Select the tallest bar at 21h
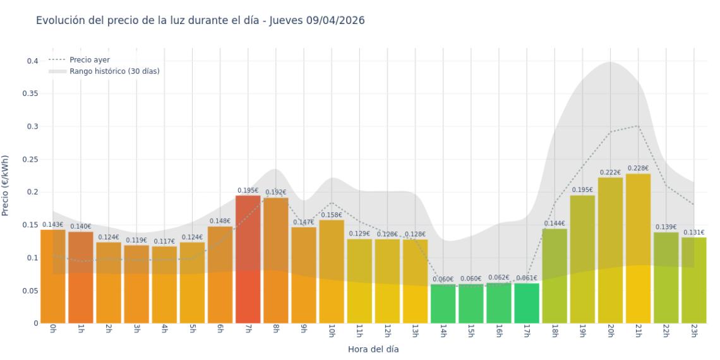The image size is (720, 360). pos(638,248)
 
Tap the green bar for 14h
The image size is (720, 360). pos(443,304)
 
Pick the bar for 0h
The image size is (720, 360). pos(53,276)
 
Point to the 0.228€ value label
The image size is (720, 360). pos(638,168)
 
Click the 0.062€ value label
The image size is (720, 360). pos(498,277)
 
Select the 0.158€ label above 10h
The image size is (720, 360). pos(332,215)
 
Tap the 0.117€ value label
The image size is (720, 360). pos(164,241)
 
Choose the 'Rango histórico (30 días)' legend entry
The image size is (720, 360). pos(114,71)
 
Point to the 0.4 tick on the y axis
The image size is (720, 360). pos(32,61)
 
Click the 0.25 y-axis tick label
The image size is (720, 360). pos(30,159)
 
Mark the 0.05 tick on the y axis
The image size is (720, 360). pos(30,291)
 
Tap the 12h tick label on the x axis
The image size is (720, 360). pos(387,332)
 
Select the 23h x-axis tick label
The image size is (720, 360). pos(693,332)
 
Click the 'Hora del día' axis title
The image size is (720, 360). pos(373,349)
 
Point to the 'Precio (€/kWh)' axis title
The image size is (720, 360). pos(6,185)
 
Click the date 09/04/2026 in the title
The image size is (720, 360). pos(335,21)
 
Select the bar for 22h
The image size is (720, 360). pos(666,277)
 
